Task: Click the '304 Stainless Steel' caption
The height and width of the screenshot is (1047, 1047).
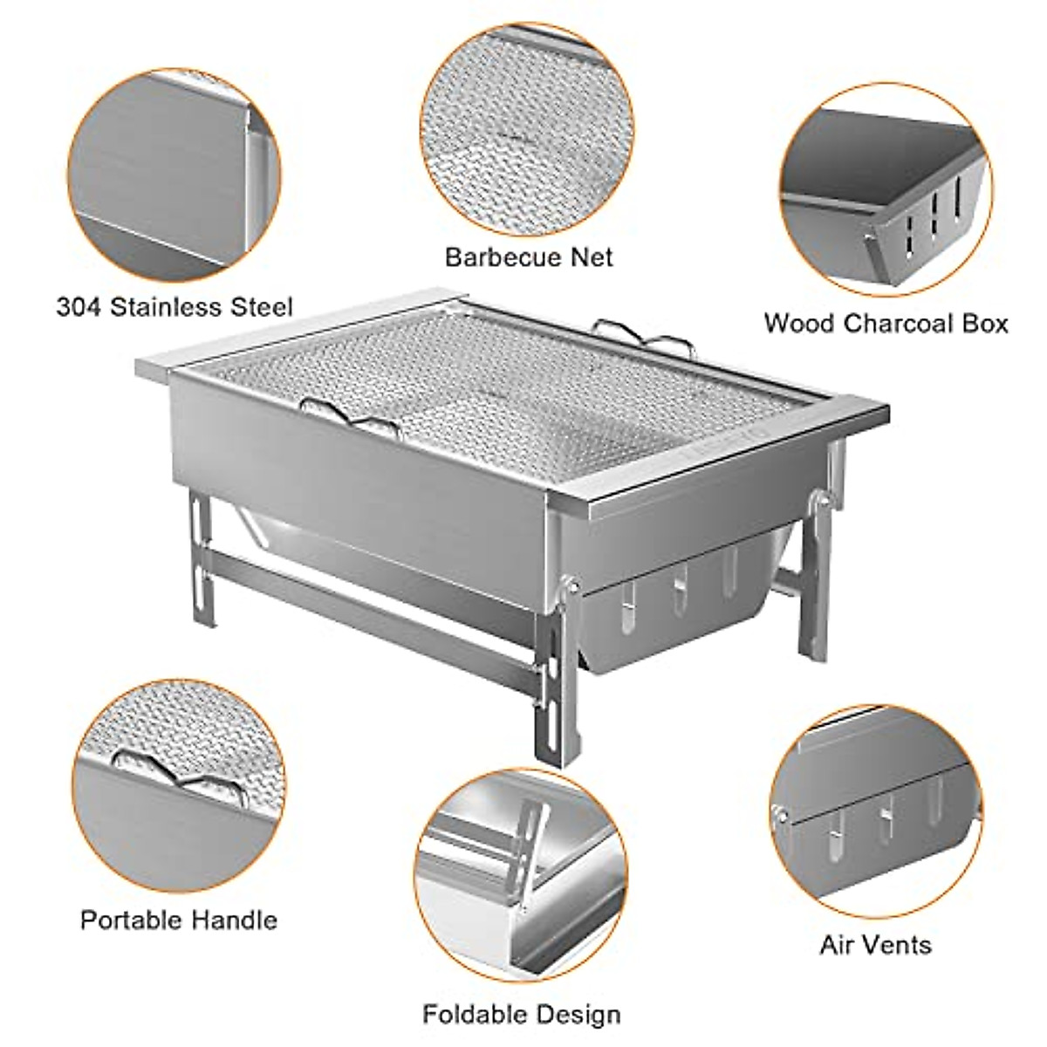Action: tap(174, 307)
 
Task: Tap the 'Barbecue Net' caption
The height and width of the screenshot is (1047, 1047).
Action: tap(529, 257)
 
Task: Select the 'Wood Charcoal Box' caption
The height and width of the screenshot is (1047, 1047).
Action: tap(886, 323)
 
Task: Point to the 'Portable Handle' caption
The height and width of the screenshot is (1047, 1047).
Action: tap(179, 920)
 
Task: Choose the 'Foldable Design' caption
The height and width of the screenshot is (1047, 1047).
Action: tap(522, 1015)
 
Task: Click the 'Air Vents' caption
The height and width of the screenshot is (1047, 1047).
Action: tap(875, 944)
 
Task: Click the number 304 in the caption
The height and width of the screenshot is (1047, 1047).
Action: tap(77, 307)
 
